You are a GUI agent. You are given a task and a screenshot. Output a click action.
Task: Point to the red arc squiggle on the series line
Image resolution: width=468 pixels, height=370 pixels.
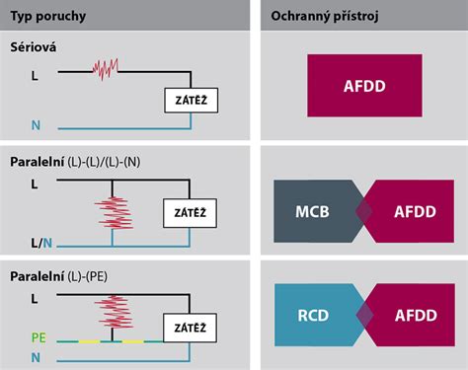pos(106,70)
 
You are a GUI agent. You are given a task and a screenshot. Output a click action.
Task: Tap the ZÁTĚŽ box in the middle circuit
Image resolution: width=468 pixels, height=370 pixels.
pos(190,212)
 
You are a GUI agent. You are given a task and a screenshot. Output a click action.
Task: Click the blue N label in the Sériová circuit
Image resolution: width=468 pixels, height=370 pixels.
pos(36,127)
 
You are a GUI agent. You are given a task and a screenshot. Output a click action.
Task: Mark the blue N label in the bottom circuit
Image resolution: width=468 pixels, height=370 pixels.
pos(36,358)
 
